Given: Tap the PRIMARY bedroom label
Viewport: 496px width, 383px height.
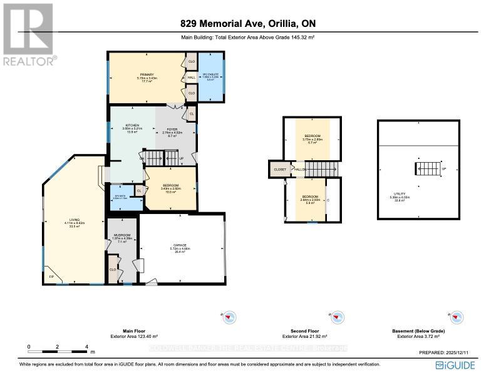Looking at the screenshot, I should (x=147, y=74).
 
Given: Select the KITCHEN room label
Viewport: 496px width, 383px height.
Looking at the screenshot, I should (x=132, y=125).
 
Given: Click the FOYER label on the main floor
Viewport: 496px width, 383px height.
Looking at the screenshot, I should (x=172, y=129).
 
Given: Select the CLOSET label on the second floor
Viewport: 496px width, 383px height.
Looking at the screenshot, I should (x=280, y=169).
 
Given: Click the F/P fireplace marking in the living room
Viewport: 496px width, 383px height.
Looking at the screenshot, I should (x=51, y=276).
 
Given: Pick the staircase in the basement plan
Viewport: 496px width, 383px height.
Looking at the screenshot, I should (x=428, y=169).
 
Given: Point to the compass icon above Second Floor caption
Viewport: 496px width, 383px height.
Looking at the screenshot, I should (x=338, y=317).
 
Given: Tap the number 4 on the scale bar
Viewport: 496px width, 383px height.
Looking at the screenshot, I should (x=86, y=346).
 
